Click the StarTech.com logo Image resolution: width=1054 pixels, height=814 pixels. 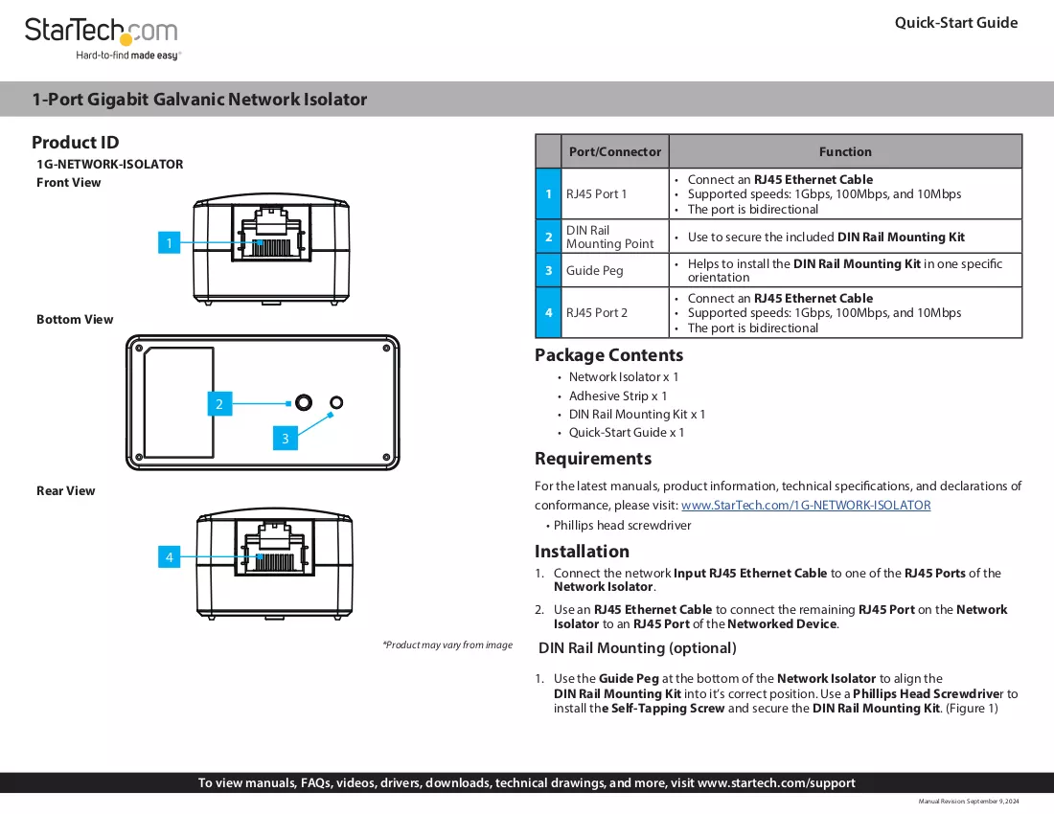point(103,38)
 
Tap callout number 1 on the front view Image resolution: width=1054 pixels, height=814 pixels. point(169,242)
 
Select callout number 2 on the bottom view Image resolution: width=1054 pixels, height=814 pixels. point(219,403)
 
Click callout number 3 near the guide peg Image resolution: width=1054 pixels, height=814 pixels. point(285,438)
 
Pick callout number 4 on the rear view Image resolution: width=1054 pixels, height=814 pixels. point(169,556)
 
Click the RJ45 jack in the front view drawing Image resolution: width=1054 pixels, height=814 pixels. point(271,233)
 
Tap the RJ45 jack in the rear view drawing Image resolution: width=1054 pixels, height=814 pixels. point(275,548)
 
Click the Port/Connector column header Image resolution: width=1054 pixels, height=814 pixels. point(615,151)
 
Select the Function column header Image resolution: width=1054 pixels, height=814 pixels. point(845,151)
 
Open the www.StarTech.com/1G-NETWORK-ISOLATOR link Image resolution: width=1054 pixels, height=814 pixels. point(806,505)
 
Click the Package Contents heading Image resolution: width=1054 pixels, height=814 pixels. point(608,354)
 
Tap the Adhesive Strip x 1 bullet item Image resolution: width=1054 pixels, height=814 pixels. point(618,396)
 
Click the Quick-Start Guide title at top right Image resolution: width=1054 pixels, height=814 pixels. point(956,23)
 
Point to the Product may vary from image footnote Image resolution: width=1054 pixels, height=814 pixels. point(447,644)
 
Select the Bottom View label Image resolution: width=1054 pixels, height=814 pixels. point(75,319)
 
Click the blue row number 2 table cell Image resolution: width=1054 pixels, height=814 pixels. point(548,237)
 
